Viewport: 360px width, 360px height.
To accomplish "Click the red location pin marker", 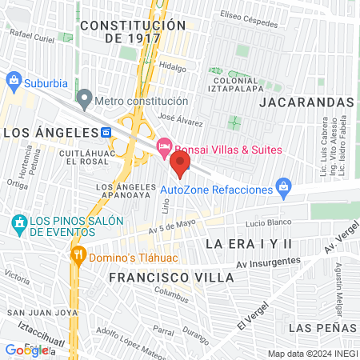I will point(181,165).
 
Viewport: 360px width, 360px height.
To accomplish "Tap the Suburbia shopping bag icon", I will point(13,80).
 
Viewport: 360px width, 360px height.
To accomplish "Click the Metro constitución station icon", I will point(84,102).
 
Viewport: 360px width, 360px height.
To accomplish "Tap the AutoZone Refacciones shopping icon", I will point(282,189).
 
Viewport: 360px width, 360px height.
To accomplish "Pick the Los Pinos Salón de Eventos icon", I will point(18,222).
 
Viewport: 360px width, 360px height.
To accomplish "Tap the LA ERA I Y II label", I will point(250,242).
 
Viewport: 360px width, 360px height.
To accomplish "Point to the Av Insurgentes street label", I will point(268,262).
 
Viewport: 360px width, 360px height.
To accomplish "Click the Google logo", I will point(26,350).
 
